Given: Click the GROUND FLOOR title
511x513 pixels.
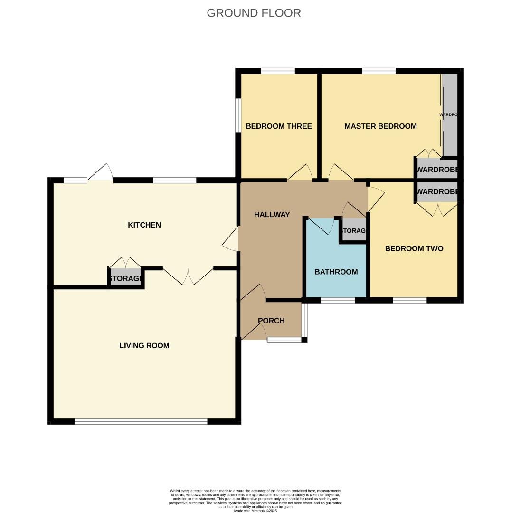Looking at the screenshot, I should [254, 13].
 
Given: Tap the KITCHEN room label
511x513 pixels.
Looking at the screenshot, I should [144, 225].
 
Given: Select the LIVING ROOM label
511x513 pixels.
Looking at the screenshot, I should [144, 345].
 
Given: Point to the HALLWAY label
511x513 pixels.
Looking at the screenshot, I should [272, 215].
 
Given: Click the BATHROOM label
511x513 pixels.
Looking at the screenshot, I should [336, 272].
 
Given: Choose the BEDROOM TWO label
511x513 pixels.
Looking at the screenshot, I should [414, 248].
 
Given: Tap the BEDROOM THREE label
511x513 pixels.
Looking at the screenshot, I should [278, 126].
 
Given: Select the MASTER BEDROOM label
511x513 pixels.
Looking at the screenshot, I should [380, 126].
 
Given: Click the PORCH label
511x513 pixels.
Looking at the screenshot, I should [271, 321].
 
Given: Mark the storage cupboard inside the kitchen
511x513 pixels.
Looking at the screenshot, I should [125, 278].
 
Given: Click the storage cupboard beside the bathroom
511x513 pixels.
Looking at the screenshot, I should [354, 231].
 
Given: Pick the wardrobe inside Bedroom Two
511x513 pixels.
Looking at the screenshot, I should [437, 192].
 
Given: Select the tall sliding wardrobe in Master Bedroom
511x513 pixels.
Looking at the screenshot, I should [450, 114].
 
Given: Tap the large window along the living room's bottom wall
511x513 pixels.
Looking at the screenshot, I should [141, 421].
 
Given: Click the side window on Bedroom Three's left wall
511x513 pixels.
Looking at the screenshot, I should [239, 114].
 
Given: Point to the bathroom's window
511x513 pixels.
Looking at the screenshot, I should [338, 300].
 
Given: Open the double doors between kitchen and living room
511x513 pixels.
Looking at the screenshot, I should [188, 276].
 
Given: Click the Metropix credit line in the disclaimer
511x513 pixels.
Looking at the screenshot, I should [255, 511].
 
